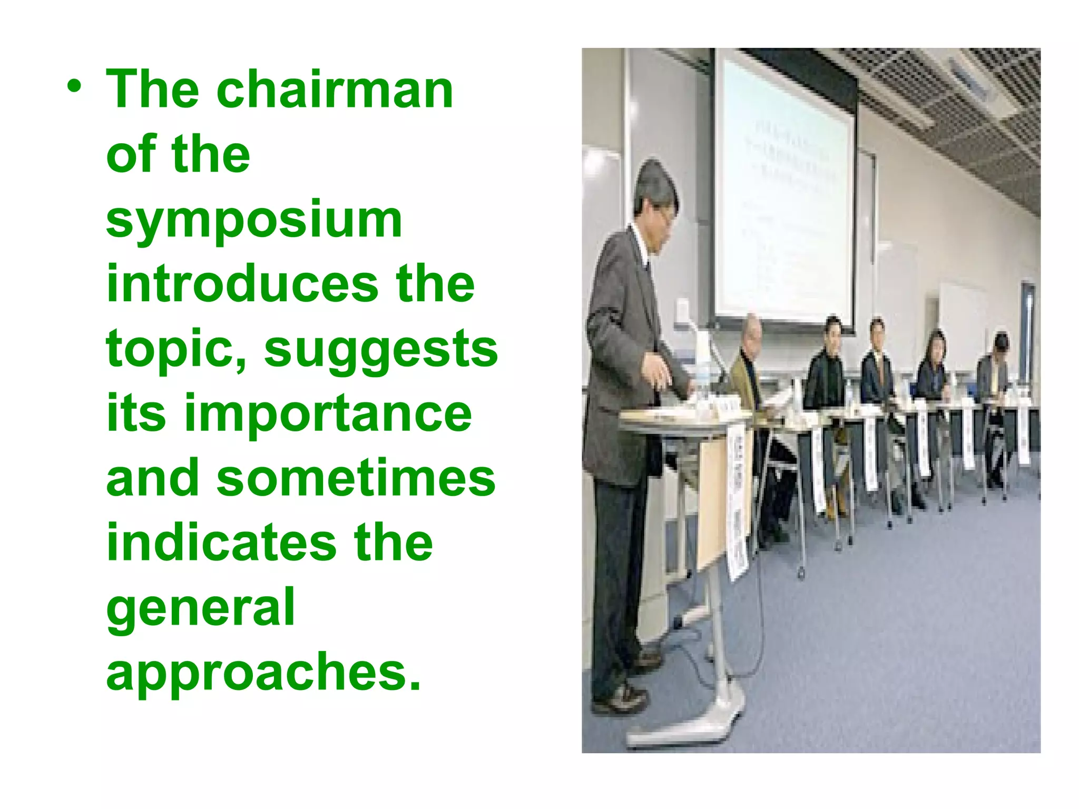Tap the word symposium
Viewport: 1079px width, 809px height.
click(254, 219)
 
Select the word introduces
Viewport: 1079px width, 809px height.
click(242, 284)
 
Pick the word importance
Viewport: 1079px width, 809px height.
click(328, 413)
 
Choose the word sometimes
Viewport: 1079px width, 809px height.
click(356, 478)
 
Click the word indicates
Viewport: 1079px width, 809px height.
click(221, 543)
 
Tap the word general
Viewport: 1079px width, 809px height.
click(200, 608)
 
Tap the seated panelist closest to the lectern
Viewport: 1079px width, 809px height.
click(748, 363)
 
